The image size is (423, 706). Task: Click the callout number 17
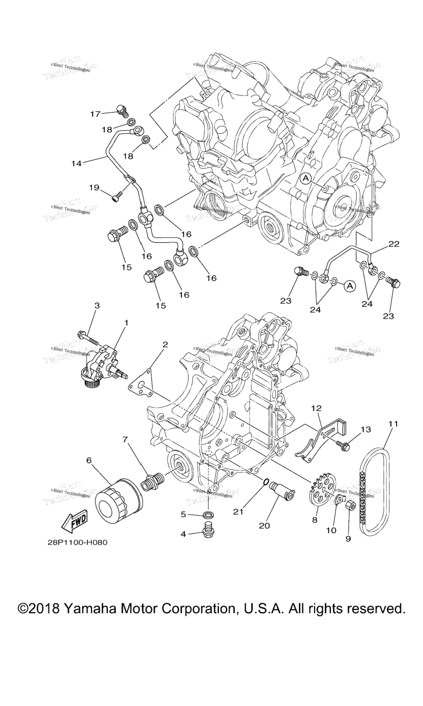(95, 114)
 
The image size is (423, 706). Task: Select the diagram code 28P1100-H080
(77, 542)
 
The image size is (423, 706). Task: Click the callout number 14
(77, 163)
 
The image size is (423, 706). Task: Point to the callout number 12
(316, 408)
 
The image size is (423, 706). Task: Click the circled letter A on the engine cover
(306, 178)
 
